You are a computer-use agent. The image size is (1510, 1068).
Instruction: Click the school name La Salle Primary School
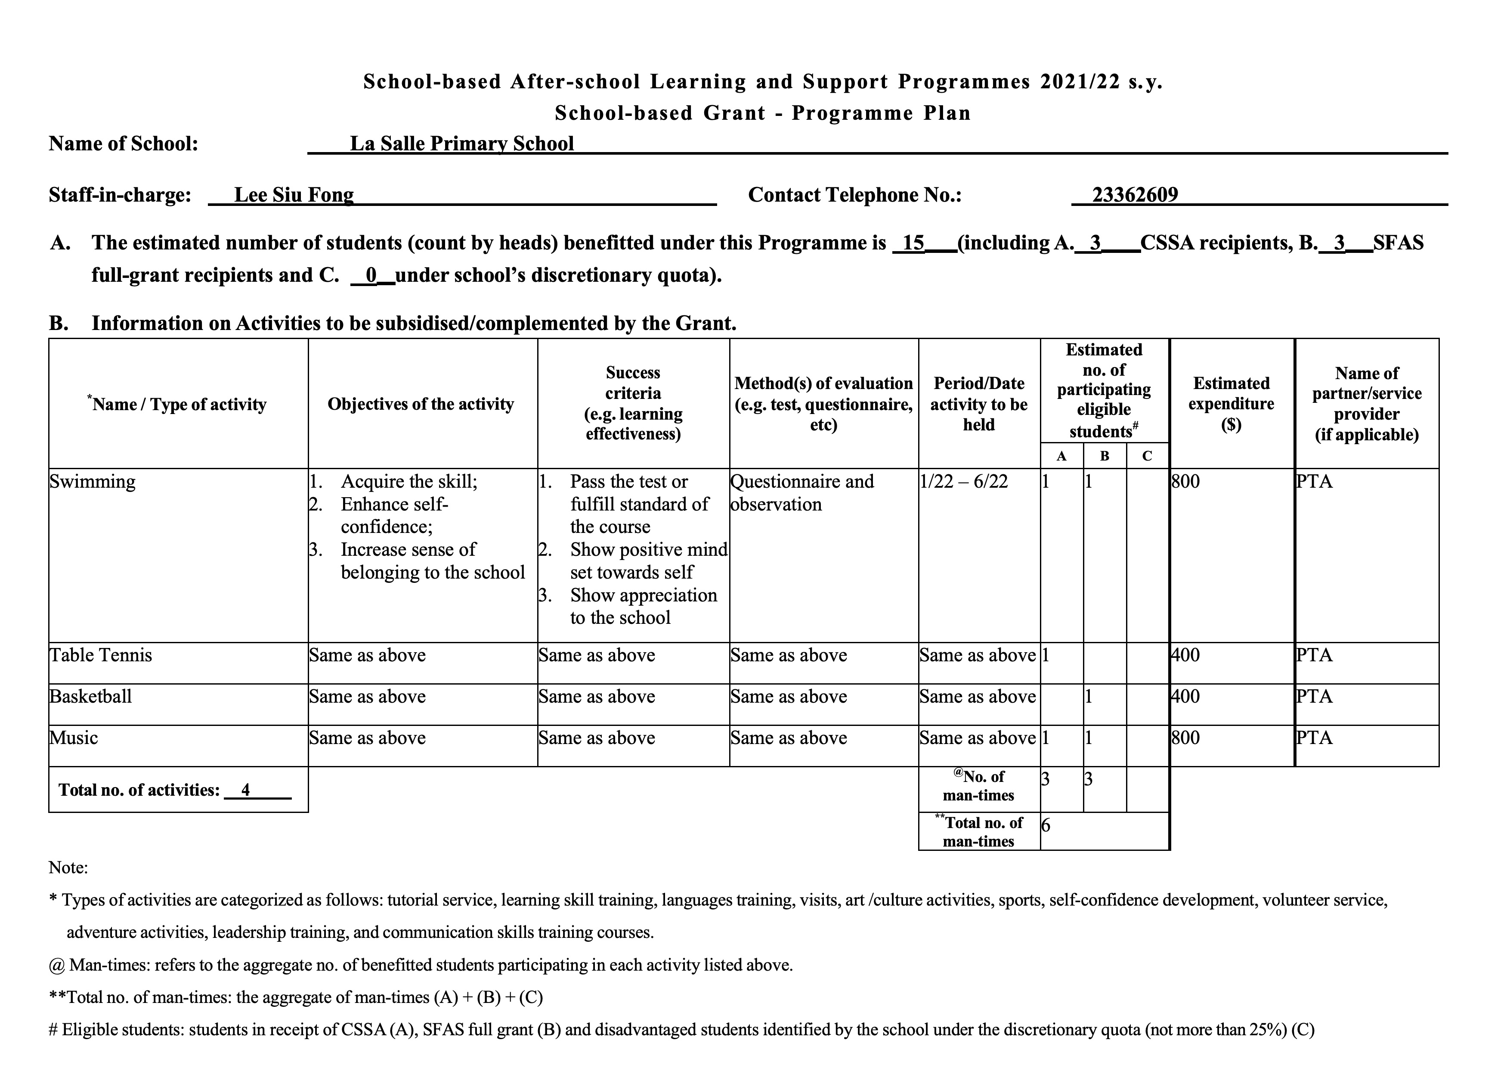pyautogui.click(x=462, y=143)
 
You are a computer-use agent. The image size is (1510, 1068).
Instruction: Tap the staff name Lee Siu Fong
pyautogui.click(x=294, y=195)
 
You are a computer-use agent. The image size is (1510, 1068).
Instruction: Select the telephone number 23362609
pyautogui.click(x=1135, y=195)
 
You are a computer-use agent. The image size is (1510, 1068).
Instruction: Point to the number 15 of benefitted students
pyautogui.click(x=913, y=243)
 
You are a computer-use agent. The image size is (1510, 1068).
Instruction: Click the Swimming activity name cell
pyautogui.click(x=93, y=481)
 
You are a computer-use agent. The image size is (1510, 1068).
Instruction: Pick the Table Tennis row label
pyautogui.click(x=101, y=655)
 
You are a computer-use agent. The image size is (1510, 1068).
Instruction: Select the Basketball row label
pyautogui.click(x=91, y=696)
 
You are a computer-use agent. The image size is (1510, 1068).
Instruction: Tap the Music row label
pyautogui.click(x=74, y=738)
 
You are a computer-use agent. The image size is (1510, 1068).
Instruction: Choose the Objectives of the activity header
pyautogui.click(x=421, y=404)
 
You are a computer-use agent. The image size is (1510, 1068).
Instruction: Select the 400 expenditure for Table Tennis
pyautogui.click(x=1186, y=655)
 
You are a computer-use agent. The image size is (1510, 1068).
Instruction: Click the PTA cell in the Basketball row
pyautogui.click(x=1314, y=696)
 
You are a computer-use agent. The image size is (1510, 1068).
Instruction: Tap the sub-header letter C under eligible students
pyautogui.click(x=1147, y=456)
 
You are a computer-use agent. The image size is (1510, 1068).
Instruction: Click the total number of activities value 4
pyautogui.click(x=245, y=790)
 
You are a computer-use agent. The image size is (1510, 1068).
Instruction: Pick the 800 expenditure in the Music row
pyautogui.click(x=1186, y=738)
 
